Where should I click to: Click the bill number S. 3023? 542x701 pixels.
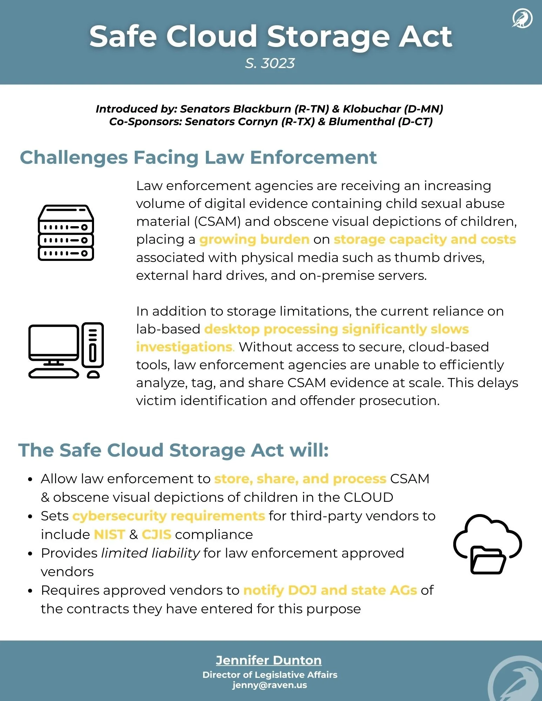270,63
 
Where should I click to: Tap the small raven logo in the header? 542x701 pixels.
522,19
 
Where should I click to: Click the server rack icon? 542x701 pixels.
66,233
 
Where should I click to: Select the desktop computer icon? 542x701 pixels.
66,350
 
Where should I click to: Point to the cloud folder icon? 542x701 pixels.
488,544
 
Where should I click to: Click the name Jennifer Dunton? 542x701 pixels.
269,660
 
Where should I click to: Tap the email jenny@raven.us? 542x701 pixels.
269,685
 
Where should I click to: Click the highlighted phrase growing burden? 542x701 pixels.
254,240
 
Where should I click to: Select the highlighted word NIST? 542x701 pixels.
109,534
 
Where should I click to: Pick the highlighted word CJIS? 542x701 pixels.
156,534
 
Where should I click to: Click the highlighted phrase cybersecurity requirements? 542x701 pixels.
168,516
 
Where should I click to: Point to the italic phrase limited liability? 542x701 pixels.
150,553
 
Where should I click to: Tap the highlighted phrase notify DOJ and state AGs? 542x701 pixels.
330,591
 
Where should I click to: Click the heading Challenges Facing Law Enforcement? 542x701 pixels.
198,157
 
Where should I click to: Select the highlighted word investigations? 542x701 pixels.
184,347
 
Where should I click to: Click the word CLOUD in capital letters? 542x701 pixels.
368,498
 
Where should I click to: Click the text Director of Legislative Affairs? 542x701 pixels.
270,675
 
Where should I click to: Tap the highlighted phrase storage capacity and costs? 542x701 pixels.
424,240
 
